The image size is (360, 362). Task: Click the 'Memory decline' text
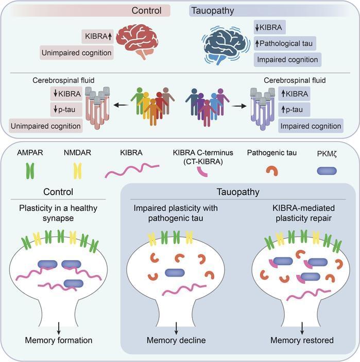point(176,340)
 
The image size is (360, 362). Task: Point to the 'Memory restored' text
point(302,340)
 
